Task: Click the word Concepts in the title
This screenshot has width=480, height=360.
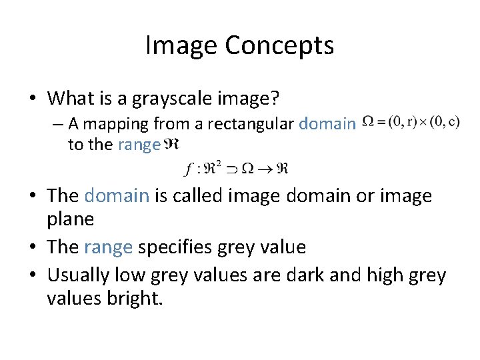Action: (x=279, y=46)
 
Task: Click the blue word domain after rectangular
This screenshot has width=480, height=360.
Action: (x=327, y=124)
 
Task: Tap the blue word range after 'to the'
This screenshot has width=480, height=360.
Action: (x=139, y=144)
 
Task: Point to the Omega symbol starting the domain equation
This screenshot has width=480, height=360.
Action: (x=368, y=122)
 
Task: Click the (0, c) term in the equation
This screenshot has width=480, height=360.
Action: (x=445, y=122)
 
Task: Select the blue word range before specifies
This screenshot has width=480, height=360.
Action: (x=108, y=247)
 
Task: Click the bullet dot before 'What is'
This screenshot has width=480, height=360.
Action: (x=31, y=99)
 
